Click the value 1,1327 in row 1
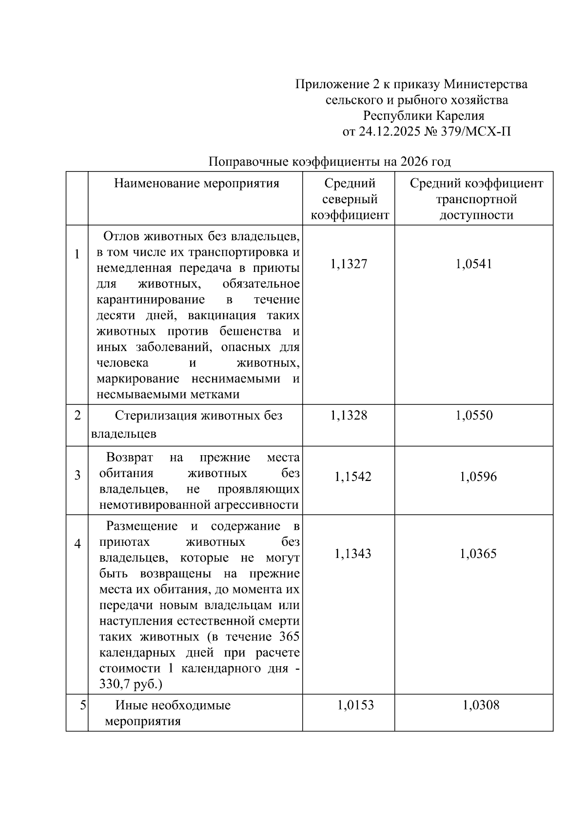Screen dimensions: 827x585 [349, 264]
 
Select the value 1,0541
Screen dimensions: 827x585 [474, 264]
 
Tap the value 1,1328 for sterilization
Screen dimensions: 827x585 [349, 415]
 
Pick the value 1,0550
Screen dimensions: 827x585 [474, 415]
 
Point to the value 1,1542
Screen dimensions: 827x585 [352, 477]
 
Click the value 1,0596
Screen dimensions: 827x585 [478, 477]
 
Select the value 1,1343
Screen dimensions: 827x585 [352, 554]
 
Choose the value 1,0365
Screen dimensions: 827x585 [478, 554]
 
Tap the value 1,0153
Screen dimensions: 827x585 [355, 705]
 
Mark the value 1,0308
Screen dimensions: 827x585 [481, 705]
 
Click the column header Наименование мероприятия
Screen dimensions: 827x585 [196, 184]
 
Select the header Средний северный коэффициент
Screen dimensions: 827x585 [350, 199]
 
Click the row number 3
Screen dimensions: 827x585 [78, 475]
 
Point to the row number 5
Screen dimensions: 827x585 [83, 705]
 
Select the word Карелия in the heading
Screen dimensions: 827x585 [460, 116]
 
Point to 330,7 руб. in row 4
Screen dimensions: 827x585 [130, 684]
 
